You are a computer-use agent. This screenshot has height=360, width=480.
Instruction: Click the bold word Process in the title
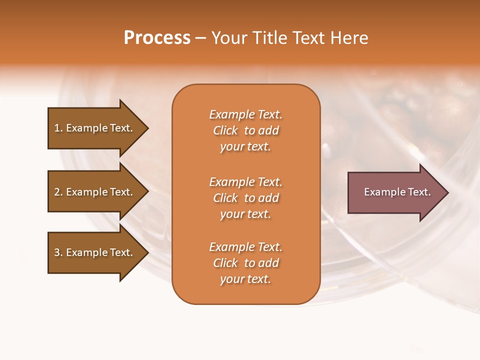pyautogui.click(x=157, y=38)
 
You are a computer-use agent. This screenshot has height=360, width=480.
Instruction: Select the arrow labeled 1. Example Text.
pyautogui.click(x=95, y=128)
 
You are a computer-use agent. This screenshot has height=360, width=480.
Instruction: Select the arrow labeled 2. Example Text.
pyautogui.click(x=95, y=192)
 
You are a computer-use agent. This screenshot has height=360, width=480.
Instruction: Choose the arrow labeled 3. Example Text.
pyautogui.click(x=95, y=252)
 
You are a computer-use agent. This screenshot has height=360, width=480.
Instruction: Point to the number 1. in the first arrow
pyautogui.click(x=58, y=128)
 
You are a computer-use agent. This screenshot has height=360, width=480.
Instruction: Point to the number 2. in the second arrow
pyautogui.click(x=58, y=192)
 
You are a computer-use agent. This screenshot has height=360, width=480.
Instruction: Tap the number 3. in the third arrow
pyautogui.click(x=58, y=252)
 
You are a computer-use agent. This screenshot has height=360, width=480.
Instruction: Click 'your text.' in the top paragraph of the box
pyautogui.click(x=245, y=146)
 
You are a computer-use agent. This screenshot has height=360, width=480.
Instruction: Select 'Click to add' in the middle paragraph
pyautogui.click(x=245, y=198)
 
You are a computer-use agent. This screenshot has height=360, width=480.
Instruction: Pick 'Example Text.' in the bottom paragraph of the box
pyautogui.click(x=245, y=247)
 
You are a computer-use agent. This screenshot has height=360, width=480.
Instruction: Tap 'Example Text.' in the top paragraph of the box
pyautogui.click(x=245, y=114)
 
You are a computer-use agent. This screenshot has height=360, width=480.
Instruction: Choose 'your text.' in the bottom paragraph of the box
pyautogui.click(x=245, y=279)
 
